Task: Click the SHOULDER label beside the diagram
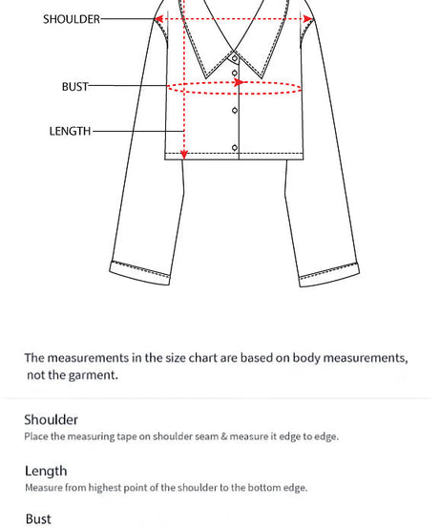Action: [x=71, y=19]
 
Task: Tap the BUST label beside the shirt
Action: [x=74, y=87]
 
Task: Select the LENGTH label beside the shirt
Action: [x=70, y=132]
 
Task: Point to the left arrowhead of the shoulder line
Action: [x=159, y=18]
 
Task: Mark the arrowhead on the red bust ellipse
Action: [x=240, y=82]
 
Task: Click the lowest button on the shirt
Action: [x=235, y=147]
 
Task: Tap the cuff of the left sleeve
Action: [x=140, y=271]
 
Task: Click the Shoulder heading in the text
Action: [x=51, y=420]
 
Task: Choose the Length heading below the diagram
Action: [x=46, y=471]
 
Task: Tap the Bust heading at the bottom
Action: [x=38, y=519]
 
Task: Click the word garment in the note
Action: [x=94, y=375]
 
